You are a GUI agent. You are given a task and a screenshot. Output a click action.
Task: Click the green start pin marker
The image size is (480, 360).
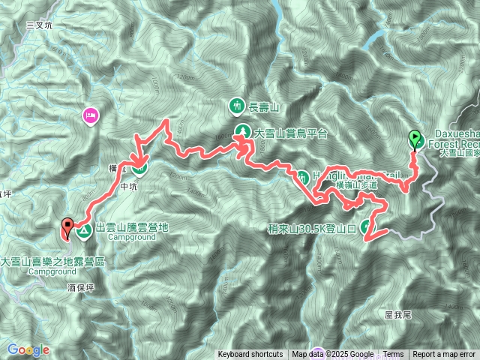414,139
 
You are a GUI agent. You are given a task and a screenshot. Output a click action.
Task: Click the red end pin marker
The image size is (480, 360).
67,226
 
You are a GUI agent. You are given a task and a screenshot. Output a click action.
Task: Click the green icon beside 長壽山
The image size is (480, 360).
237,106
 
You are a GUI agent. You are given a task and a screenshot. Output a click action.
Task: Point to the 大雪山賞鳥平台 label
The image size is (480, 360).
292,133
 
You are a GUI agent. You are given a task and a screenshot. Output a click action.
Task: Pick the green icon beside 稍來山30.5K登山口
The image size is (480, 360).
366,226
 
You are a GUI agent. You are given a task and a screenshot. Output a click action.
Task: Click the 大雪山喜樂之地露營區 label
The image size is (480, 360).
52,262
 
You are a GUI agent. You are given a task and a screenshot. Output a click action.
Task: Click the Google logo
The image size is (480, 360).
28,349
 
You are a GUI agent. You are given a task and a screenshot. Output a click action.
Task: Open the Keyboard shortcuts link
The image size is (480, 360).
250,355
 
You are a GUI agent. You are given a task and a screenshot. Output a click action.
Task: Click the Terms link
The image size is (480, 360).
393,355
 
